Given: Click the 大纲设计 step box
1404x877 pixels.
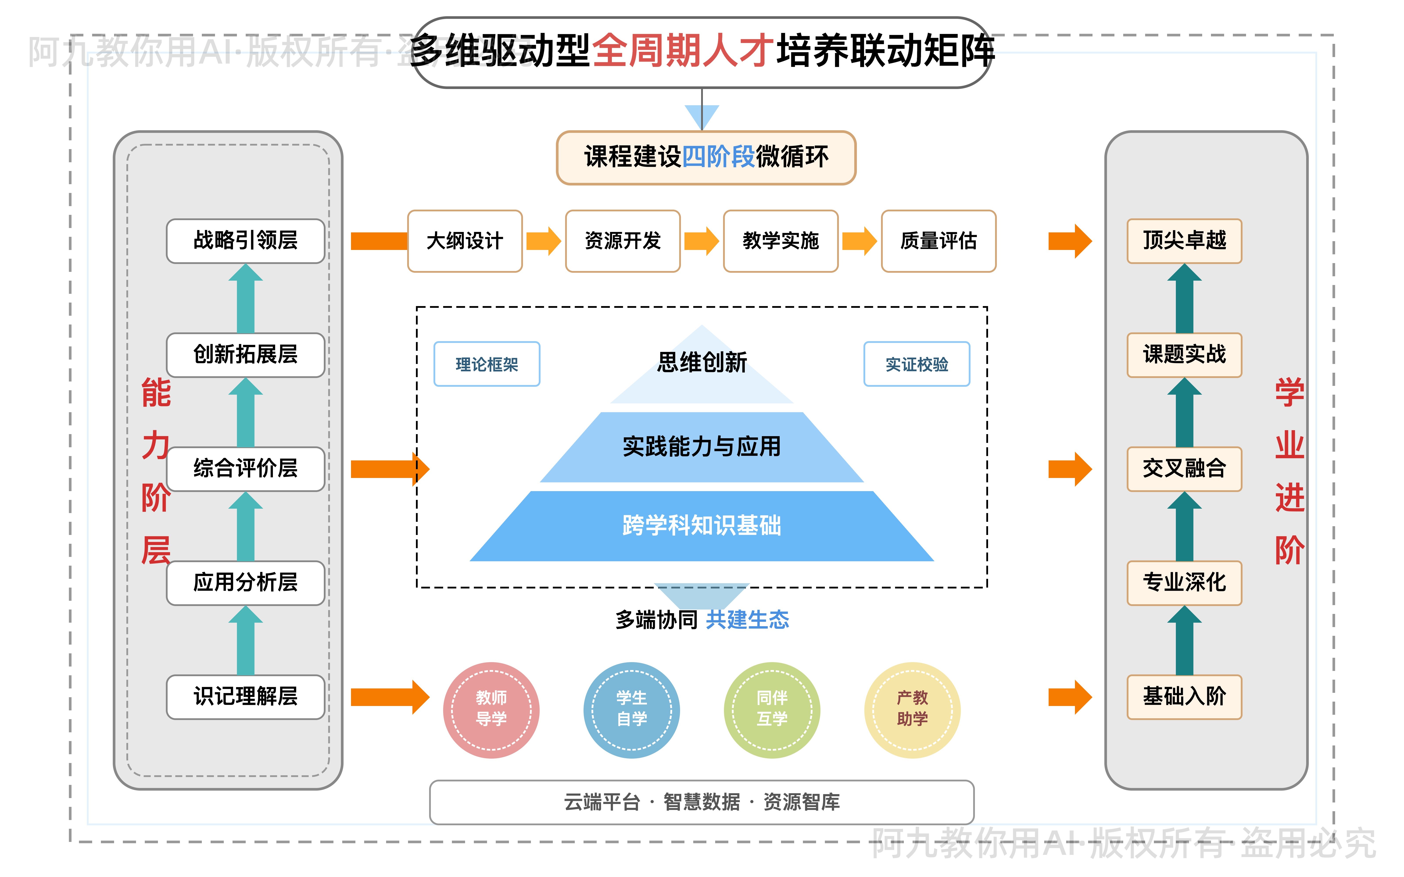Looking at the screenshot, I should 465,241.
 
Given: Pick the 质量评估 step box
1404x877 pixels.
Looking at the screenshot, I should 938,241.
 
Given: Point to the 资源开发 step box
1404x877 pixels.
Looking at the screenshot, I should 623,241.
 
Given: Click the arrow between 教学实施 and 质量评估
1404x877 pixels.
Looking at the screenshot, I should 859,241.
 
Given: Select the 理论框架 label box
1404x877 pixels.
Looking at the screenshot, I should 487,364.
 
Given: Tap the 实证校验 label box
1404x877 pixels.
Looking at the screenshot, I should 917,364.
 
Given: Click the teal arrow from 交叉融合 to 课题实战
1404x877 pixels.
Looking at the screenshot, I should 1184,413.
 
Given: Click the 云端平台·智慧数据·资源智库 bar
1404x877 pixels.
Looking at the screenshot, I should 701,802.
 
